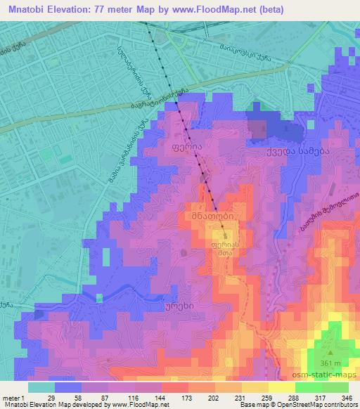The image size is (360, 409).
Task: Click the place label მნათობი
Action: (209, 218)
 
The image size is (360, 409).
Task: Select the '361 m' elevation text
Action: (331, 361)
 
